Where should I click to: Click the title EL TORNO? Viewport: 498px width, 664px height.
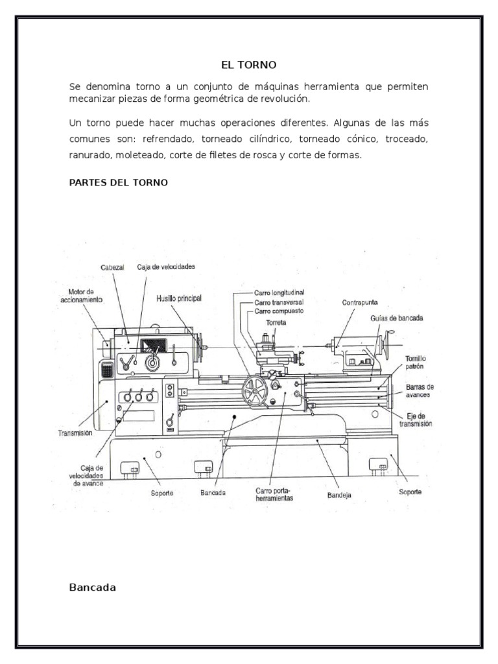(x=249, y=65)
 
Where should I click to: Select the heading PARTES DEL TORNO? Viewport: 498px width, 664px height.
(x=118, y=182)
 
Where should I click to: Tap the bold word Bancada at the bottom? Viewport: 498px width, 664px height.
(x=92, y=588)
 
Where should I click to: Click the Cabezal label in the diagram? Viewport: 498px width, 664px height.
(x=112, y=267)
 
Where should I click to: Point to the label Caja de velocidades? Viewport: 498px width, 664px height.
(x=166, y=267)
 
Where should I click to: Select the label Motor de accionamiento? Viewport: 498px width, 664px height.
(x=82, y=296)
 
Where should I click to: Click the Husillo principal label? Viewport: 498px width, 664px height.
(x=179, y=298)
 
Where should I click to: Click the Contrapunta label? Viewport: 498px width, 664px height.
(x=361, y=302)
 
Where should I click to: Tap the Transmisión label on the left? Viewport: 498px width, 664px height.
(x=75, y=432)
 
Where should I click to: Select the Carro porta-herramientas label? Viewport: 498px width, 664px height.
(x=274, y=495)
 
